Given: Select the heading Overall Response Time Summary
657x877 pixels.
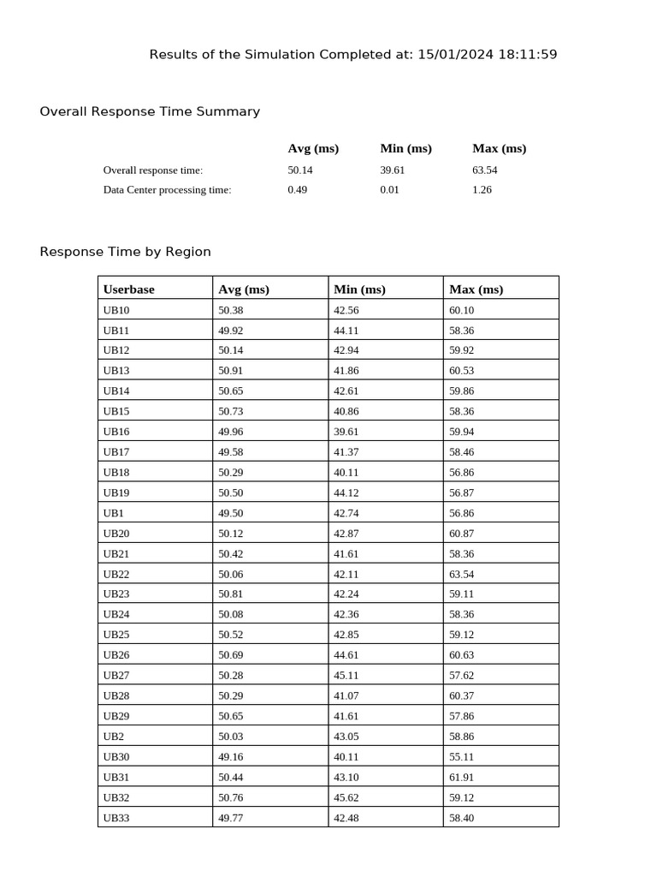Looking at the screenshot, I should coord(150,111).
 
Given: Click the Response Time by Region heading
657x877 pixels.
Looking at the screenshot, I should coord(125,252).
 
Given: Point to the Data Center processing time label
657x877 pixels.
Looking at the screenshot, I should coord(167,190).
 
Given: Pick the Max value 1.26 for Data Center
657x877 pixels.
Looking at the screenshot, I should coord(482,190).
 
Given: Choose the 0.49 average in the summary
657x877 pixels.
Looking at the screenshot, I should coord(297,190).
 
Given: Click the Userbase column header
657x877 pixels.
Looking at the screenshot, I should coord(129,289).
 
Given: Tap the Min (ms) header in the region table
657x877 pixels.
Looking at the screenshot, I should coord(359,289).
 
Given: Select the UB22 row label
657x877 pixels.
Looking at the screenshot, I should coord(116,574).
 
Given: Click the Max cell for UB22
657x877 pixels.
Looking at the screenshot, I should coord(461,574).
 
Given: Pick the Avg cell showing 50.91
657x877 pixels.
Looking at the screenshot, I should coord(230,371).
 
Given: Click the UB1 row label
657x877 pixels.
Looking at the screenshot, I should coord(114,513).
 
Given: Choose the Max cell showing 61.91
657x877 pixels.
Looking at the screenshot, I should coord(461,778).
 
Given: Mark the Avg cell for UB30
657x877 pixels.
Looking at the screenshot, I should coord(230,757).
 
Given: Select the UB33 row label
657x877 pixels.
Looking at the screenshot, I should coord(116,818).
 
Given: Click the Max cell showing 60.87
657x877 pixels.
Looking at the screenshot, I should coord(461,534).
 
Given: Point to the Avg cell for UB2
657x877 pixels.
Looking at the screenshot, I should coord(230,737).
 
